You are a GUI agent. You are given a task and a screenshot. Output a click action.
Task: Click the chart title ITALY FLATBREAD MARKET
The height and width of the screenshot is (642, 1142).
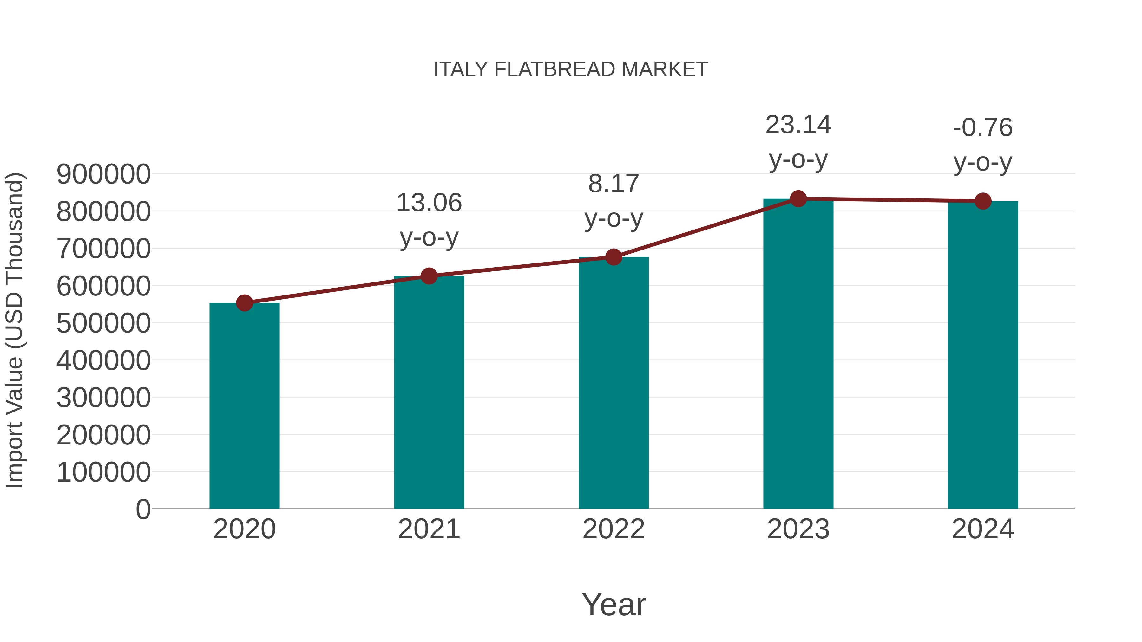(571, 69)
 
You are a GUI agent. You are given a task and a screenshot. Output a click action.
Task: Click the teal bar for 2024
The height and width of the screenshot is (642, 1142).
(983, 354)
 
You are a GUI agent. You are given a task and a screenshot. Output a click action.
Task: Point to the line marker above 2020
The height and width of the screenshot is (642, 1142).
(244, 303)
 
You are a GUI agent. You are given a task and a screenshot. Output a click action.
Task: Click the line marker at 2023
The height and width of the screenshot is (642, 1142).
(798, 199)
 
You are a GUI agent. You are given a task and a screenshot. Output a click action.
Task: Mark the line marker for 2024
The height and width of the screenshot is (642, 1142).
(983, 201)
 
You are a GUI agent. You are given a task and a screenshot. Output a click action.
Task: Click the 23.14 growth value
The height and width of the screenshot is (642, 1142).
(798, 125)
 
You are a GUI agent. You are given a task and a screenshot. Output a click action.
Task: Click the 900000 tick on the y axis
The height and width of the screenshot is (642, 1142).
(103, 174)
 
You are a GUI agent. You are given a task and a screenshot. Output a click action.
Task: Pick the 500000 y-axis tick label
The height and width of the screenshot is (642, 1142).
(103, 323)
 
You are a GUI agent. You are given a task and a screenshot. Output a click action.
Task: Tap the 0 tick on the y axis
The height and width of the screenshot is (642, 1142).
(143, 509)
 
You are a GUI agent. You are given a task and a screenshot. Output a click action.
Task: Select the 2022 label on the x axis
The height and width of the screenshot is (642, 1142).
(614, 529)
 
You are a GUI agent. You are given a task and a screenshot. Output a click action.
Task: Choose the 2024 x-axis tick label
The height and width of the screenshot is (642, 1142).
(983, 529)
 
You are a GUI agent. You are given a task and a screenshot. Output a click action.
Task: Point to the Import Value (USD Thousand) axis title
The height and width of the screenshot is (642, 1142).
(14, 330)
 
